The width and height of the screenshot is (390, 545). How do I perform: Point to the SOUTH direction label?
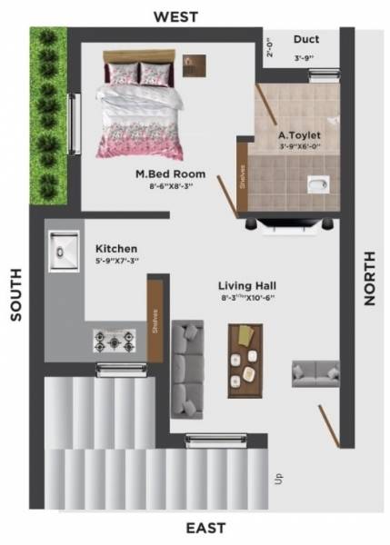point(15,294)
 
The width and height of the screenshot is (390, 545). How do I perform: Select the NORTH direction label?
point(369,278)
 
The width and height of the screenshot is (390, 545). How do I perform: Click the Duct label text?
point(305,39)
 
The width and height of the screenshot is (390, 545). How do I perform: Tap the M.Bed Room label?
point(169,173)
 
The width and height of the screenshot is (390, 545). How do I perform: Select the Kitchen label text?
point(116,248)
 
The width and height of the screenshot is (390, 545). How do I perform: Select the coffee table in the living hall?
point(246,360)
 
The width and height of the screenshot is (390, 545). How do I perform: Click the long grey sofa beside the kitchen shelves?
point(188,363)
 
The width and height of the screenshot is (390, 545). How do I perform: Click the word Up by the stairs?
point(275,477)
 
